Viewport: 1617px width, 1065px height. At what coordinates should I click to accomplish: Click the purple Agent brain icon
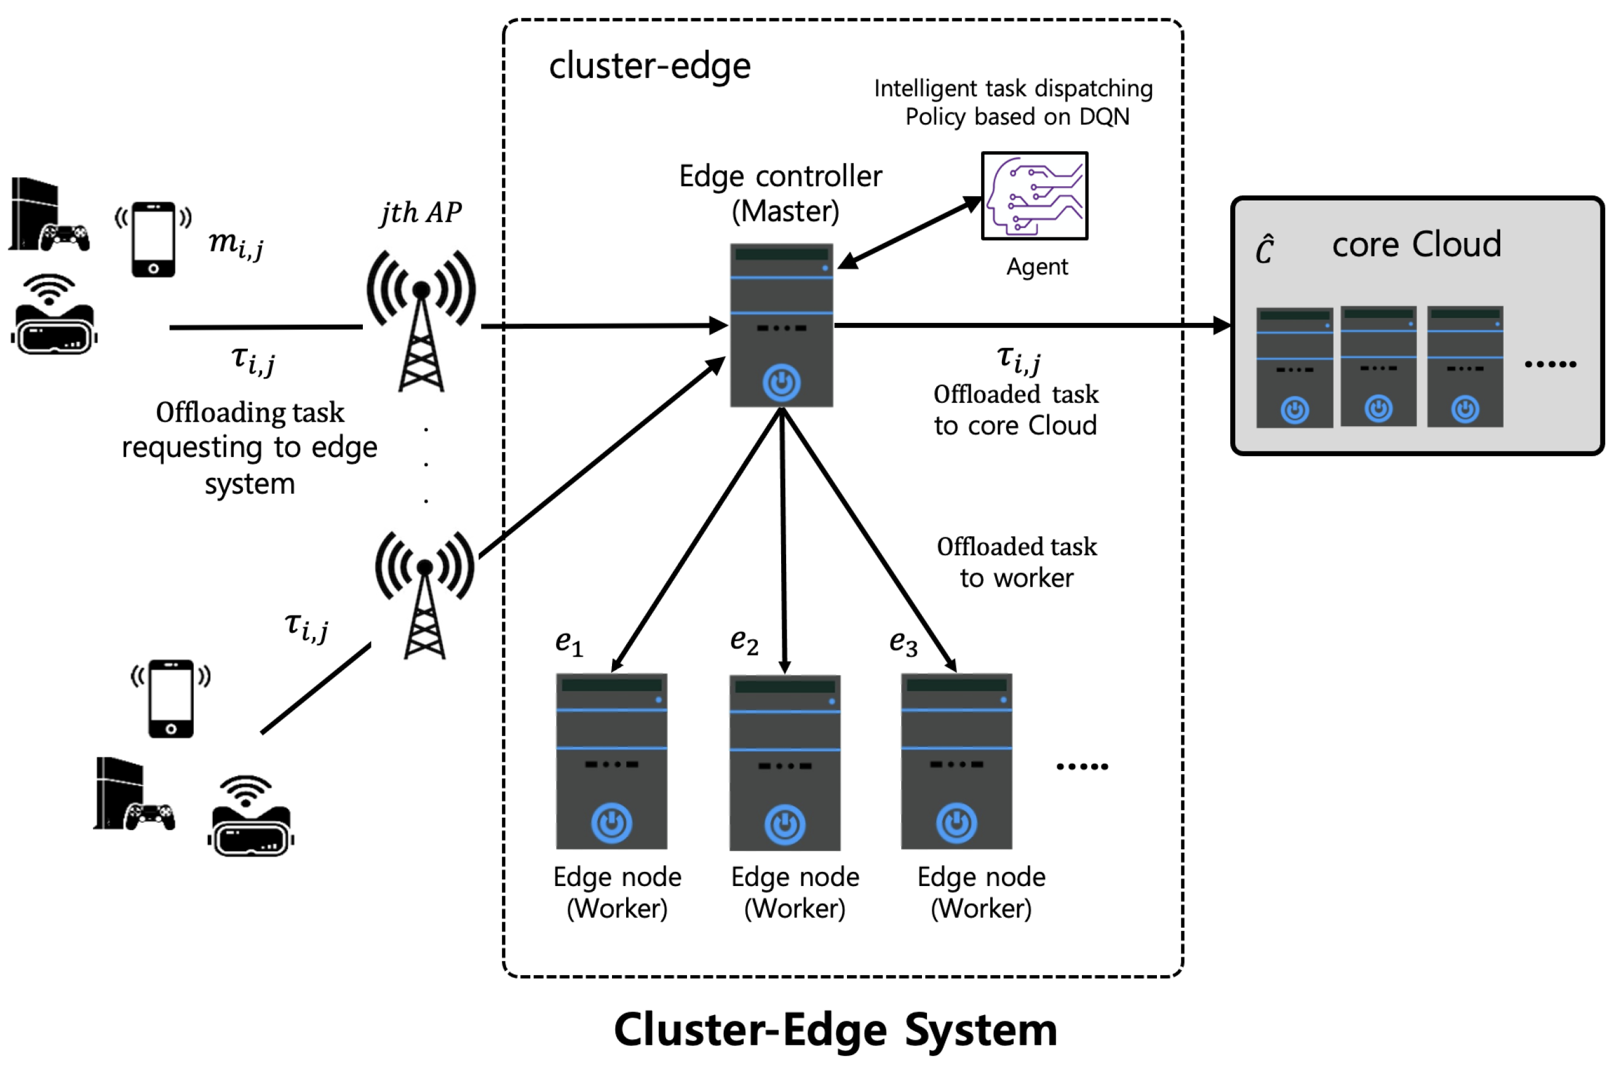(x=1034, y=196)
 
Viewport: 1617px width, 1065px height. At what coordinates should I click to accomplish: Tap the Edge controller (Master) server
(x=781, y=325)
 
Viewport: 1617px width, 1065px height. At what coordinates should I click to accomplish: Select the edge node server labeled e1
(x=611, y=761)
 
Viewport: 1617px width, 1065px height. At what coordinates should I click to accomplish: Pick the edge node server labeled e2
(x=785, y=762)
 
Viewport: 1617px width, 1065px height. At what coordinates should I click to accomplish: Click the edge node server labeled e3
(x=956, y=761)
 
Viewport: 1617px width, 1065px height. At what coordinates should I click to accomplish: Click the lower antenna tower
(x=424, y=595)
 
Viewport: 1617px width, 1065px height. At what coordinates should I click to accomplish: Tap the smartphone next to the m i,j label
(x=154, y=239)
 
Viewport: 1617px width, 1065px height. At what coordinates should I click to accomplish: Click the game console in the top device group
(x=47, y=215)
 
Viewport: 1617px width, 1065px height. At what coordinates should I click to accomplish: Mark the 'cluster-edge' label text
(x=650, y=66)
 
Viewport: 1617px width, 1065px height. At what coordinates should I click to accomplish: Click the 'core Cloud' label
(x=1416, y=245)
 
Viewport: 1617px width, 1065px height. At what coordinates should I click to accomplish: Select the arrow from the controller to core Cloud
(x=1033, y=325)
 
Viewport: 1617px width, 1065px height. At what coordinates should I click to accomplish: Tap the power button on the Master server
(x=781, y=383)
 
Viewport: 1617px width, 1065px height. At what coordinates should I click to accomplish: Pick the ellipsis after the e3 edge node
(x=1082, y=766)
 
